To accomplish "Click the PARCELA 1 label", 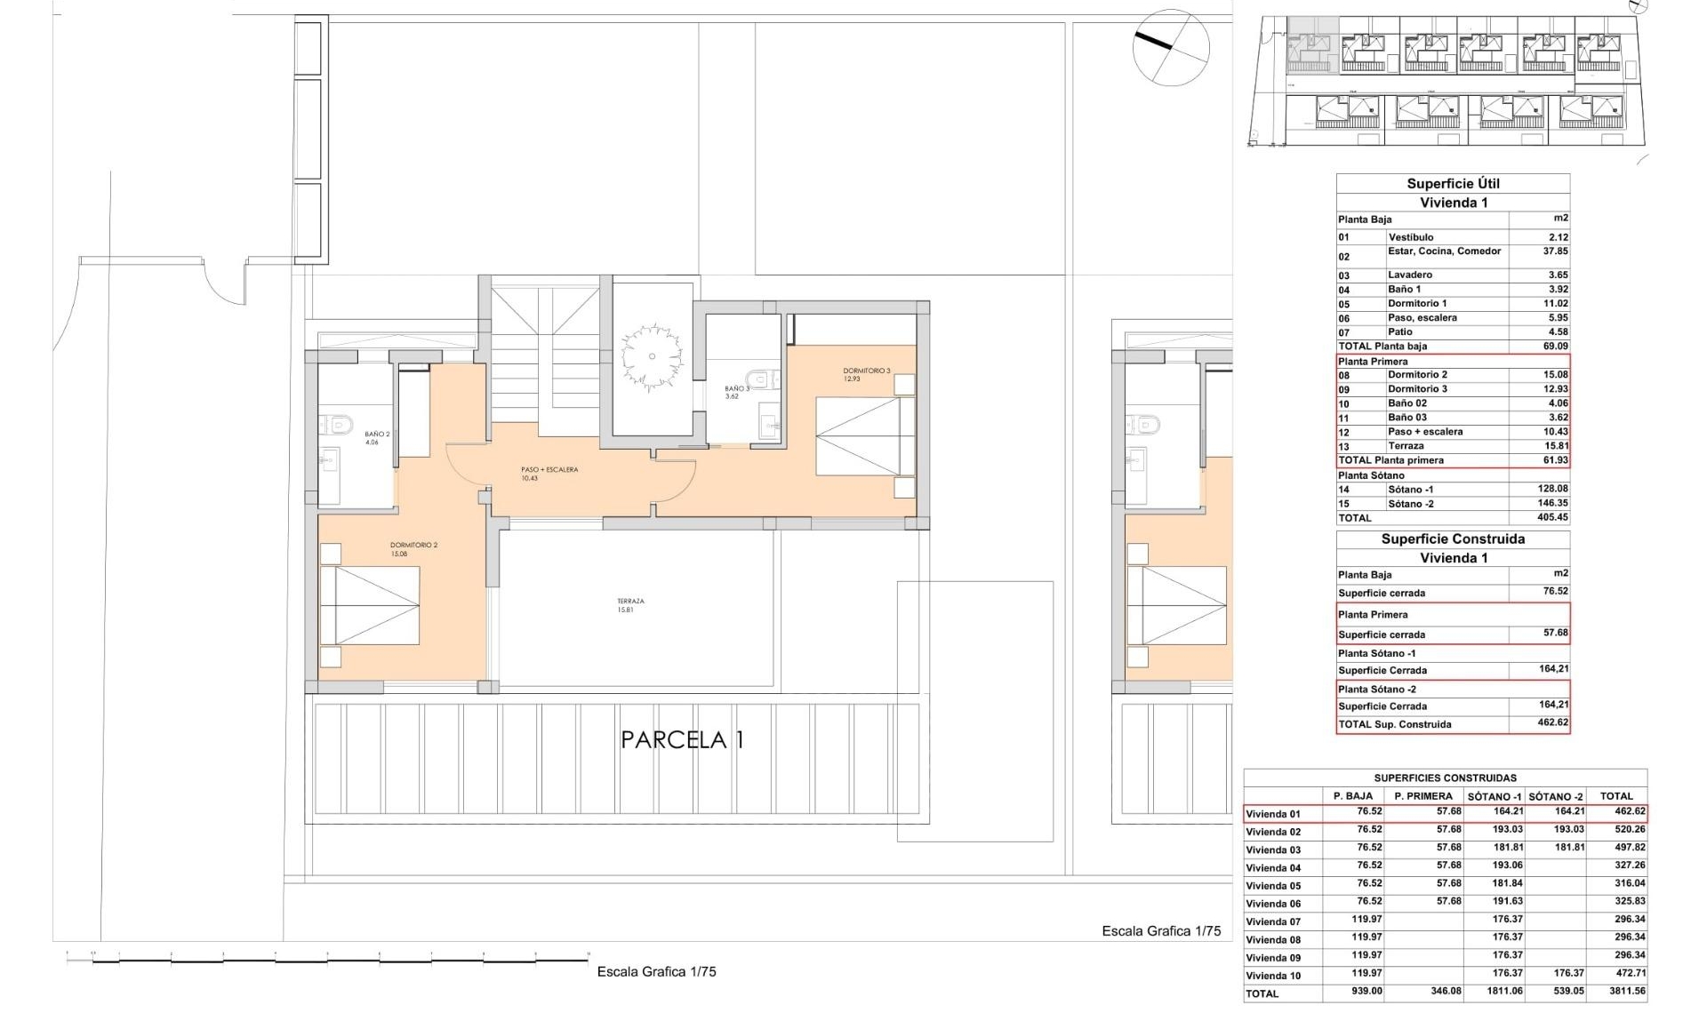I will tap(682, 739).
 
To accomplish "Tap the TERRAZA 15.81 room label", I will tap(630, 605).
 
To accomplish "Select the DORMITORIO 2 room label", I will tap(413, 549).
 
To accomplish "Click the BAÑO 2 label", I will tap(377, 437).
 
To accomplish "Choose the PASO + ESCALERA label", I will tap(549, 473).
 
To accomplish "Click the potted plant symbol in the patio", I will tap(652, 357).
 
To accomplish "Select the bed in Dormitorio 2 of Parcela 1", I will tap(369, 605).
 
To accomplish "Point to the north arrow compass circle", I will tap(1171, 48).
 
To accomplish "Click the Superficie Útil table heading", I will tap(1453, 184).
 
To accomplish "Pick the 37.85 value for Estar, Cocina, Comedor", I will tap(1555, 251).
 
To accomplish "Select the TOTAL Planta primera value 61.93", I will tap(1555, 460).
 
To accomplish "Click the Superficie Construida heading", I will tap(1453, 539).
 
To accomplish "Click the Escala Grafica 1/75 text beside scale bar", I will tap(656, 972).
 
